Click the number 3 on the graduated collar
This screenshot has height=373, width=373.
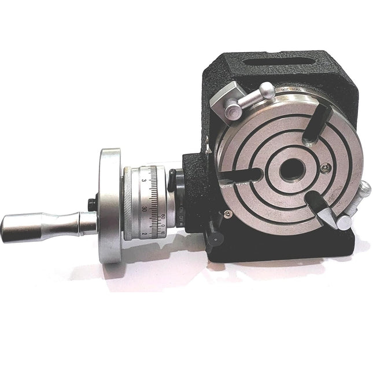(x=143, y=181)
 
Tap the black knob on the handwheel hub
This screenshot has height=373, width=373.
(x=91, y=205)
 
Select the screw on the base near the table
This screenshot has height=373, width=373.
(x=229, y=213)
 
